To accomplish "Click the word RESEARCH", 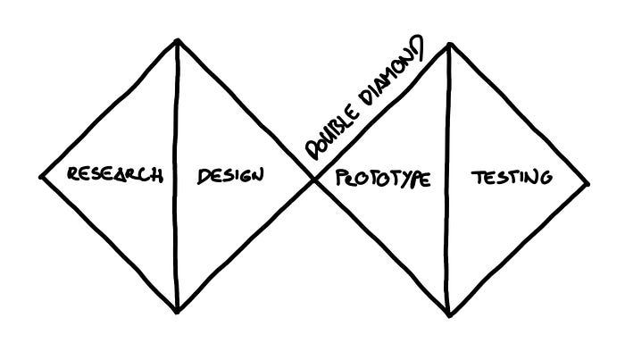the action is click(x=114, y=173).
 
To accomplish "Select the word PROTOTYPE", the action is click(x=383, y=178).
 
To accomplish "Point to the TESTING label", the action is click(x=511, y=176).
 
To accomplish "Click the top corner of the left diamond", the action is click(x=178, y=39).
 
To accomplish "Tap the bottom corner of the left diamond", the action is click(x=178, y=312).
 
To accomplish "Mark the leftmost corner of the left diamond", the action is click(x=42, y=176).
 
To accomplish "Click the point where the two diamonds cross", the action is click(x=312, y=181).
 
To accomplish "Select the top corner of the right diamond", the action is click(x=448, y=43).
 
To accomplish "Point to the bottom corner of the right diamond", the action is click(x=448, y=315).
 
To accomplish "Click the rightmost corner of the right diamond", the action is click(x=588, y=184).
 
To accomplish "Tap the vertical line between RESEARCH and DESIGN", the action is click(x=177, y=232).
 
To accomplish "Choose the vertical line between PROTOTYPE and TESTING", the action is click(x=448, y=241).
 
